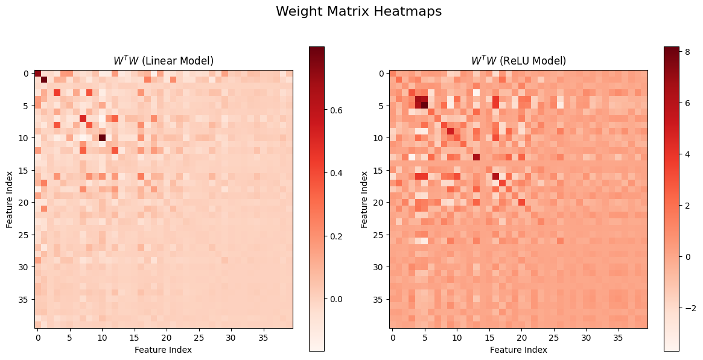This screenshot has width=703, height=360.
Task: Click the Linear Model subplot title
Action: pyautogui.click(x=164, y=61)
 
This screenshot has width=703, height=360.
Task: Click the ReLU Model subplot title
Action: pyautogui.click(x=518, y=61)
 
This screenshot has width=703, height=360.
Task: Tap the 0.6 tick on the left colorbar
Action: pyautogui.click(x=337, y=110)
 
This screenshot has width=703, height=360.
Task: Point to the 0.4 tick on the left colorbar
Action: pyautogui.click(x=337, y=173)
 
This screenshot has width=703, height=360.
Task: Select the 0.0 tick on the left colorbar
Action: pyautogui.click(x=337, y=298)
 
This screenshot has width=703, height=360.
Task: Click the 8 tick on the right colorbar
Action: pyautogui.click(x=686, y=52)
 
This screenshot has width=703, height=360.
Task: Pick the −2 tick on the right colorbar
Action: pyautogui.click(x=688, y=308)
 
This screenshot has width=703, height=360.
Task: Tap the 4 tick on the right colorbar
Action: pyautogui.click(x=686, y=154)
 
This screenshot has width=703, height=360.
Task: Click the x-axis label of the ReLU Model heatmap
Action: pyautogui.click(x=518, y=350)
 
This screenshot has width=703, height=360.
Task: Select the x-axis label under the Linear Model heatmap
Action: pyautogui.click(x=164, y=350)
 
